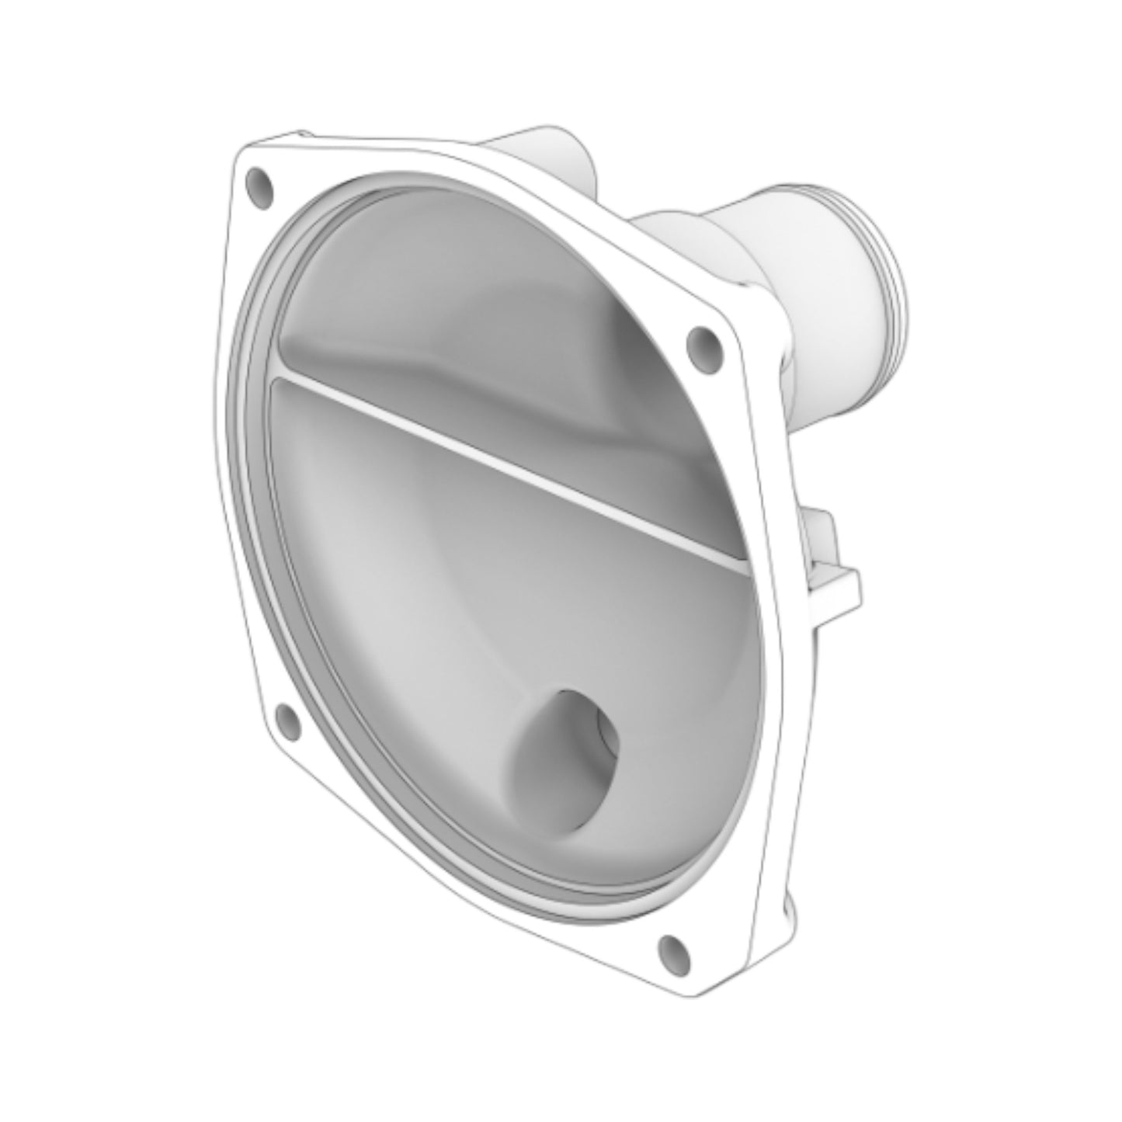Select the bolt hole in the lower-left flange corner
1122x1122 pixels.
pos(289,720)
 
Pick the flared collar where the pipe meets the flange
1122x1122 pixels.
pos(668,233)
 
